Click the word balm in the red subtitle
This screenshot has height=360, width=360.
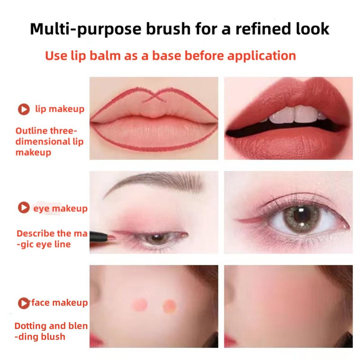[105, 56]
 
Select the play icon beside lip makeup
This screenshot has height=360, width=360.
[24, 109]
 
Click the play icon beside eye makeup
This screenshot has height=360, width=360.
[24, 207]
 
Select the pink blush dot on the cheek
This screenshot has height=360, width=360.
[139, 305]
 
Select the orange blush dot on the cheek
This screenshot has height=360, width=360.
[169, 306]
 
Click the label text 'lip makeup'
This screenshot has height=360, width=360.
[60, 109]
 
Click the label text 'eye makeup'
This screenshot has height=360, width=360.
[60, 208]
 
